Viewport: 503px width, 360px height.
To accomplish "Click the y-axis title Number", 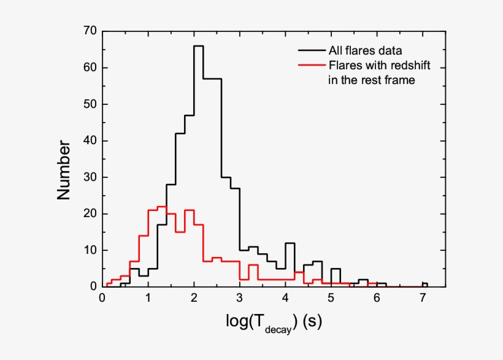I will pyautogui.click(x=64, y=170).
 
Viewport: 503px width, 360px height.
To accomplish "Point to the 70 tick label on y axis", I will pyautogui.click(x=90, y=31).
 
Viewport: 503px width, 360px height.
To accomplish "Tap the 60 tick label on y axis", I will pyautogui.click(x=90, y=68).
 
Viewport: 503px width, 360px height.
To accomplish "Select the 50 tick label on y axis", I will pyautogui.click(x=90, y=104).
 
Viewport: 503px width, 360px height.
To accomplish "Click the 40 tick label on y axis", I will pyautogui.click(x=90, y=141).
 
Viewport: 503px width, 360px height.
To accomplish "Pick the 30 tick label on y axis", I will pyautogui.click(x=90, y=177).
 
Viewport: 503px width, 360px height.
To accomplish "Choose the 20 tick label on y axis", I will pyautogui.click(x=90, y=214).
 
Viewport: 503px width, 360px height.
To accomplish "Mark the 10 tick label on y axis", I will pyautogui.click(x=90, y=250).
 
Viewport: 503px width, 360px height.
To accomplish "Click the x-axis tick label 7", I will pyautogui.click(x=422, y=299).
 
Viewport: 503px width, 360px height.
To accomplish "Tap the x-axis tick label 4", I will pyautogui.click(x=285, y=299).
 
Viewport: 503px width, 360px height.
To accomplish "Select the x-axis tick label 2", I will pyautogui.click(x=194, y=299).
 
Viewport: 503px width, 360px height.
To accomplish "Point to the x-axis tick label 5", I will pyautogui.click(x=331, y=299).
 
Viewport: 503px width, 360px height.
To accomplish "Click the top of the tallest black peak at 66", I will pyautogui.click(x=198, y=46).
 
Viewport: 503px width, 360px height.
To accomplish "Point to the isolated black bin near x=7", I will pyautogui.click(x=425, y=283).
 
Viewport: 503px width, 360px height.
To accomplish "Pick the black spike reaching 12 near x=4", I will pyautogui.click(x=290, y=243).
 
